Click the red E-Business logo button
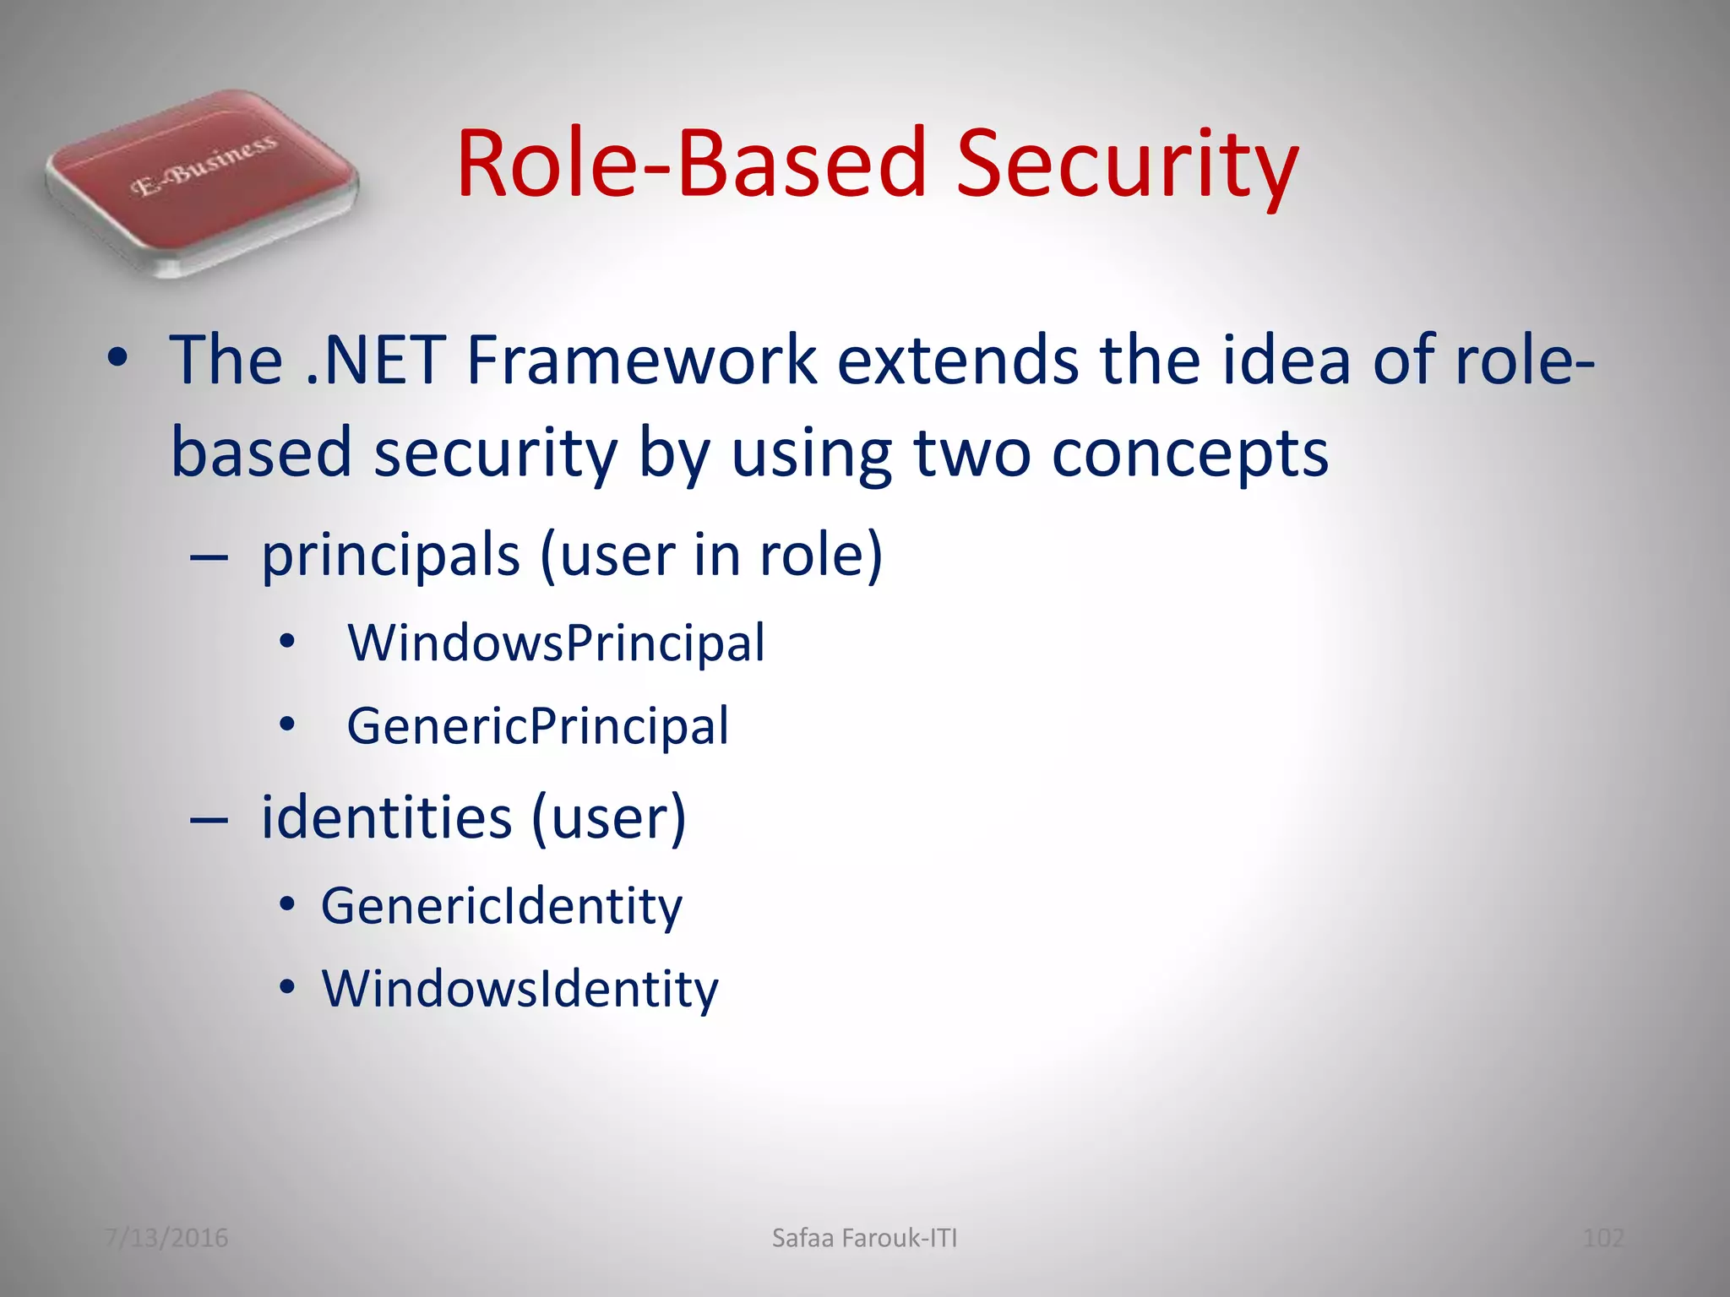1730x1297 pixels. coord(203,181)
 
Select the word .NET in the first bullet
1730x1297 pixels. coord(374,361)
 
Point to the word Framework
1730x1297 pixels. coord(641,361)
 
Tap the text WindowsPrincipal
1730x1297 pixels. coord(556,643)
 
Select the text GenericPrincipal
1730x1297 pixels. coord(537,726)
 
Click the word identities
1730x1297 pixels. coord(387,818)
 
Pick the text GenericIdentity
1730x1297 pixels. coord(501,907)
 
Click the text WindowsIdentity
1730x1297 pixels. coord(520,989)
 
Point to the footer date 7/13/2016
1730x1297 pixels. coord(166,1238)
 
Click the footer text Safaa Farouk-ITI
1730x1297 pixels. coord(864,1238)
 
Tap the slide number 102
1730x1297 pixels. coord(1602,1238)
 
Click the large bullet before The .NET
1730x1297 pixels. coord(117,361)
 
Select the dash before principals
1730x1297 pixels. coord(209,558)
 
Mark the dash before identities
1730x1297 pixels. coord(209,819)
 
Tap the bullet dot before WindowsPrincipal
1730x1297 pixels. coord(287,642)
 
